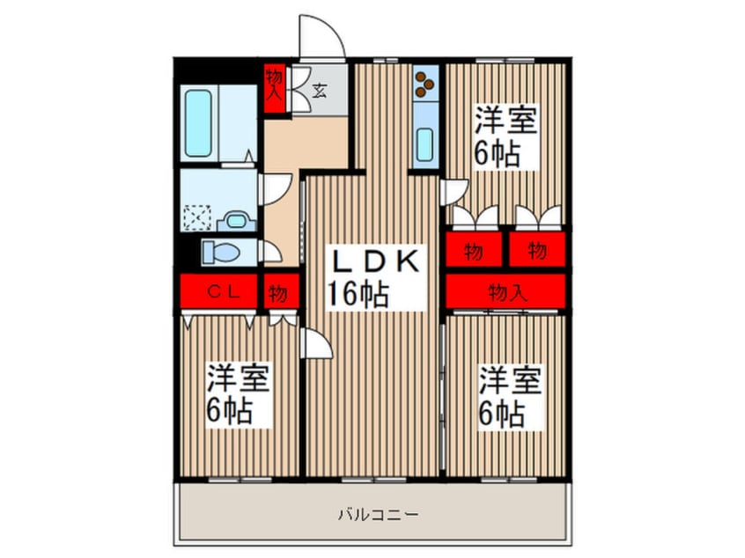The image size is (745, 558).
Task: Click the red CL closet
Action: pyautogui.click(x=220, y=292)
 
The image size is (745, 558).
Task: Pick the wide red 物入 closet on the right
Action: pyautogui.click(x=505, y=291)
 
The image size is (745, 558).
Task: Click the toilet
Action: pyautogui.click(x=220, y=253)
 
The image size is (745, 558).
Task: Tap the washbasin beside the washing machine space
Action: pyautogui.click(x=236, y=220)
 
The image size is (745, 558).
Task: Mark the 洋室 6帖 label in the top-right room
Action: pyautogui.click(x=505, y=136)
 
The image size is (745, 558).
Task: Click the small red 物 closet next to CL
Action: pyautogui.click(x=278, y=292)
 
